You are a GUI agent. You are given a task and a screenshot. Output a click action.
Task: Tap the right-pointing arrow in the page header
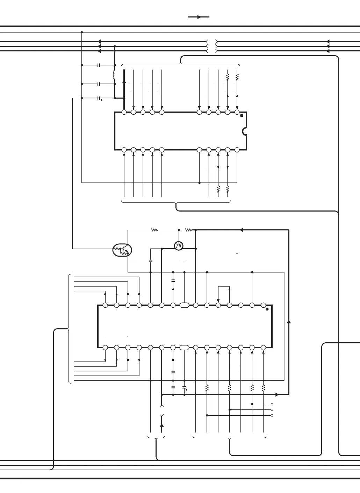199,17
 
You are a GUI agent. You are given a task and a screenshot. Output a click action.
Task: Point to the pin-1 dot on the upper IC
242,116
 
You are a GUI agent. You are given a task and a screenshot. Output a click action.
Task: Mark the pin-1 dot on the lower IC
267,309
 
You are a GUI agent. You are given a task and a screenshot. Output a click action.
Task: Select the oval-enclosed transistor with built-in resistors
122,250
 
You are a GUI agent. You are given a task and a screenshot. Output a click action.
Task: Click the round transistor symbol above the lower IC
179,246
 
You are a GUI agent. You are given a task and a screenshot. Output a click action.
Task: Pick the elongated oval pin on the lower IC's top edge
184,305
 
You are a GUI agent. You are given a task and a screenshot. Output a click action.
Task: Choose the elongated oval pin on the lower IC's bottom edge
184,347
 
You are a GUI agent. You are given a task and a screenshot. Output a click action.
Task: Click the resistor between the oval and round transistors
154,230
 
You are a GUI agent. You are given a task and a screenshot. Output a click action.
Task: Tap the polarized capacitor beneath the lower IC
184,387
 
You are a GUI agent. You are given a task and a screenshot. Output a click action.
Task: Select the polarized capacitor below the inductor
99,98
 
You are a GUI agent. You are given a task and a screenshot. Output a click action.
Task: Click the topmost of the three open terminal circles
272,404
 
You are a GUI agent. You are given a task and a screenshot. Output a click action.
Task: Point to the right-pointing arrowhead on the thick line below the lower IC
277,395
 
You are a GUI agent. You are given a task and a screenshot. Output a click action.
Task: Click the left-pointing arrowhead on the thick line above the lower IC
241,230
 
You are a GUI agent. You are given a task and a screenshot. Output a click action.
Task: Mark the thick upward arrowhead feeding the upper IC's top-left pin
124,82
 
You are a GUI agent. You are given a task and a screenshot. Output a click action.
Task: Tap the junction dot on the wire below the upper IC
200,183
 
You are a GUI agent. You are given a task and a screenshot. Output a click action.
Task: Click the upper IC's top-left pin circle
124,112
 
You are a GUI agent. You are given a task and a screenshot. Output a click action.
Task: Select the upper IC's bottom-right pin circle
237,150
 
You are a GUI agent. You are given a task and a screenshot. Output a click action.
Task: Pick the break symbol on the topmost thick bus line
212,42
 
